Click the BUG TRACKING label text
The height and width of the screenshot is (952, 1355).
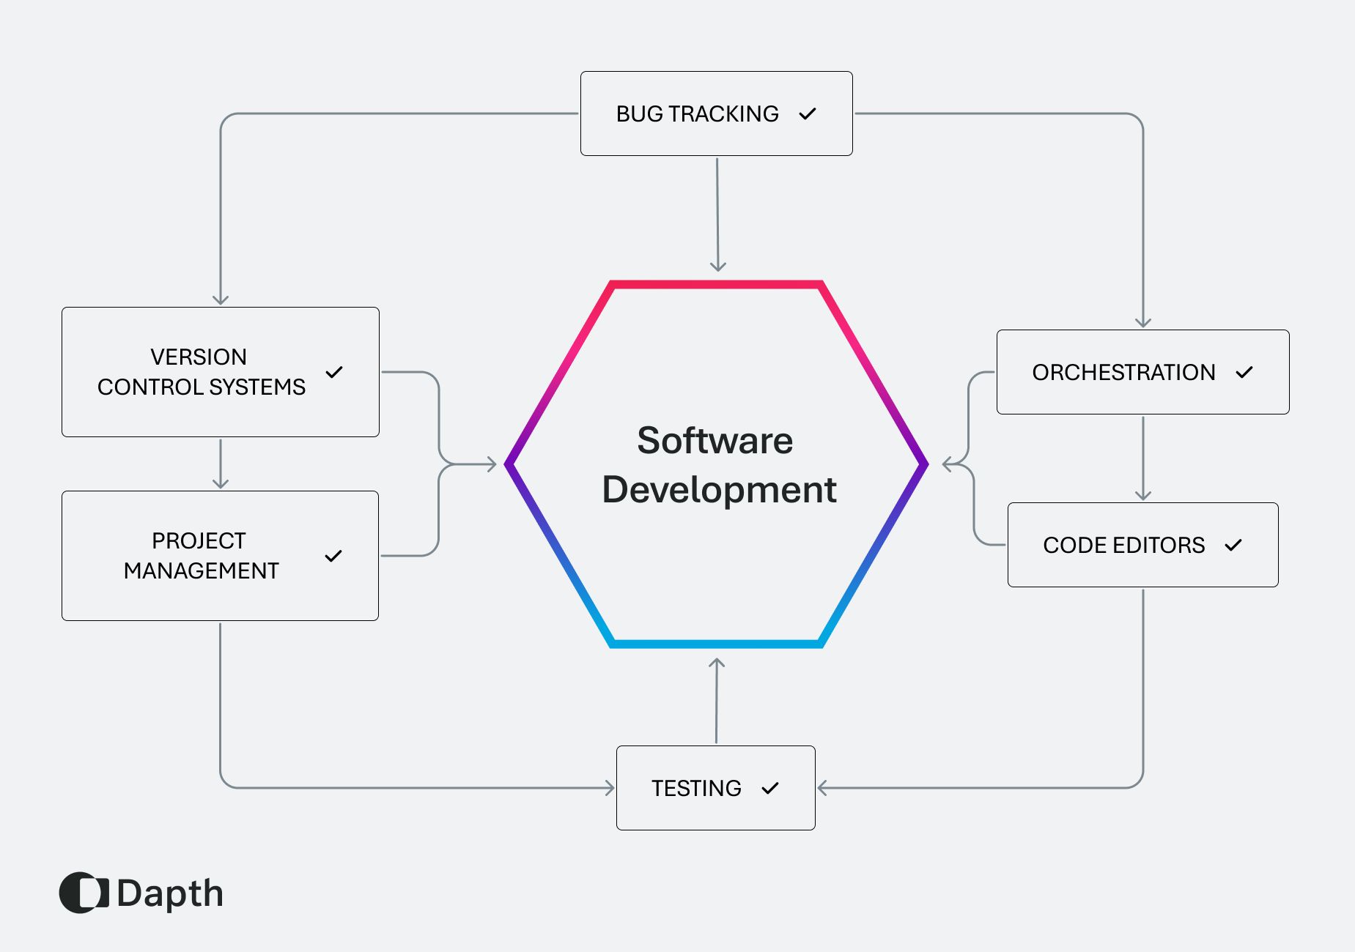[x=697, y=114]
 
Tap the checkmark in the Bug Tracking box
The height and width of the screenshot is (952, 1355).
[x=808, y=114]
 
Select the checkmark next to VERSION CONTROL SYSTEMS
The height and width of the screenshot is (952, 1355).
[x=334, y=372]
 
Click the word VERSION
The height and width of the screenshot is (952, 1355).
[x=199, y=357]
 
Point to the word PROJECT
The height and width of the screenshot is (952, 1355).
[x=199, y=540]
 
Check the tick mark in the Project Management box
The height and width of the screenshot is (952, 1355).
[x=333, y=556]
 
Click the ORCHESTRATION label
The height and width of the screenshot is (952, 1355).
[x=1123, y=372]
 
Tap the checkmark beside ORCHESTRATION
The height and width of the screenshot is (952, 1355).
[x=1244, y=372]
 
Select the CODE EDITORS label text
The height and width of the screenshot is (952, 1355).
[x=1123, y=545]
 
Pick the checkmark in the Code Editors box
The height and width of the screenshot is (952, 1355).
[x=1233, y=545]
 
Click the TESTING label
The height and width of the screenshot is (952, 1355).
[x=696, y=788]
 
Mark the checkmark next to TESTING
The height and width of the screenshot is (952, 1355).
[x=770, y=788]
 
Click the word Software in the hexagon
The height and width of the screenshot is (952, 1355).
[x=715, y=441]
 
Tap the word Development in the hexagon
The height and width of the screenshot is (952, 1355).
[x=719, y=489]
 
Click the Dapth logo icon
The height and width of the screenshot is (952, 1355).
[x=84, y=893]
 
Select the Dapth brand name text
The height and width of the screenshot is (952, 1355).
[x=170, y=893]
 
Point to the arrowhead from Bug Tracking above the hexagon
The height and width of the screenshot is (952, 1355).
[x=718, y=267]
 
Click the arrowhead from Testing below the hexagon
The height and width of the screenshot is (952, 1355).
[x=717, y=663]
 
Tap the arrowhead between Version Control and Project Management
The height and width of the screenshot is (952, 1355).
[x=221, y=483]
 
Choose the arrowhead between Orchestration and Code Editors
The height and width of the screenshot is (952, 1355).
[x=1143, y=495]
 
